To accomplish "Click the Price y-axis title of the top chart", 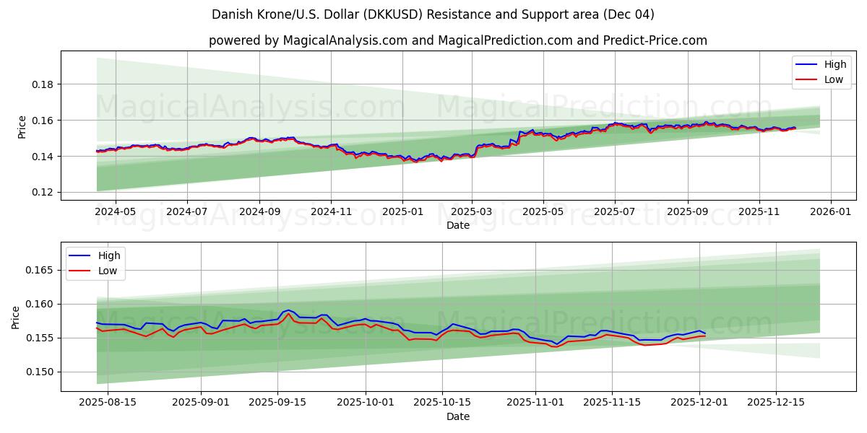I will (x=22, y=126).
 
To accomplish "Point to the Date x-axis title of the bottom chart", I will (x=458, y=416).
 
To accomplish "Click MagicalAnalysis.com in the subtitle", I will (x=345, y=40).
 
